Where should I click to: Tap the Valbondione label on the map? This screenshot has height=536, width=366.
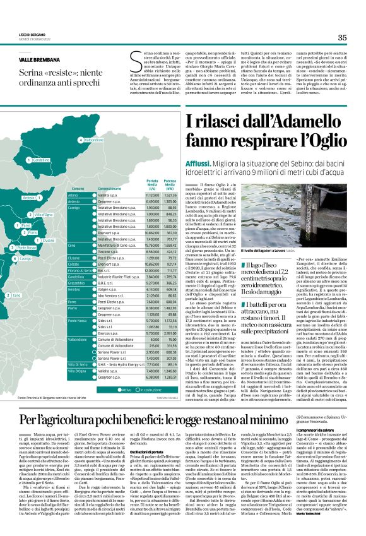click(93, 140)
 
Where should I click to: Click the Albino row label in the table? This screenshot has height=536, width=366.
click(73, 196)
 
